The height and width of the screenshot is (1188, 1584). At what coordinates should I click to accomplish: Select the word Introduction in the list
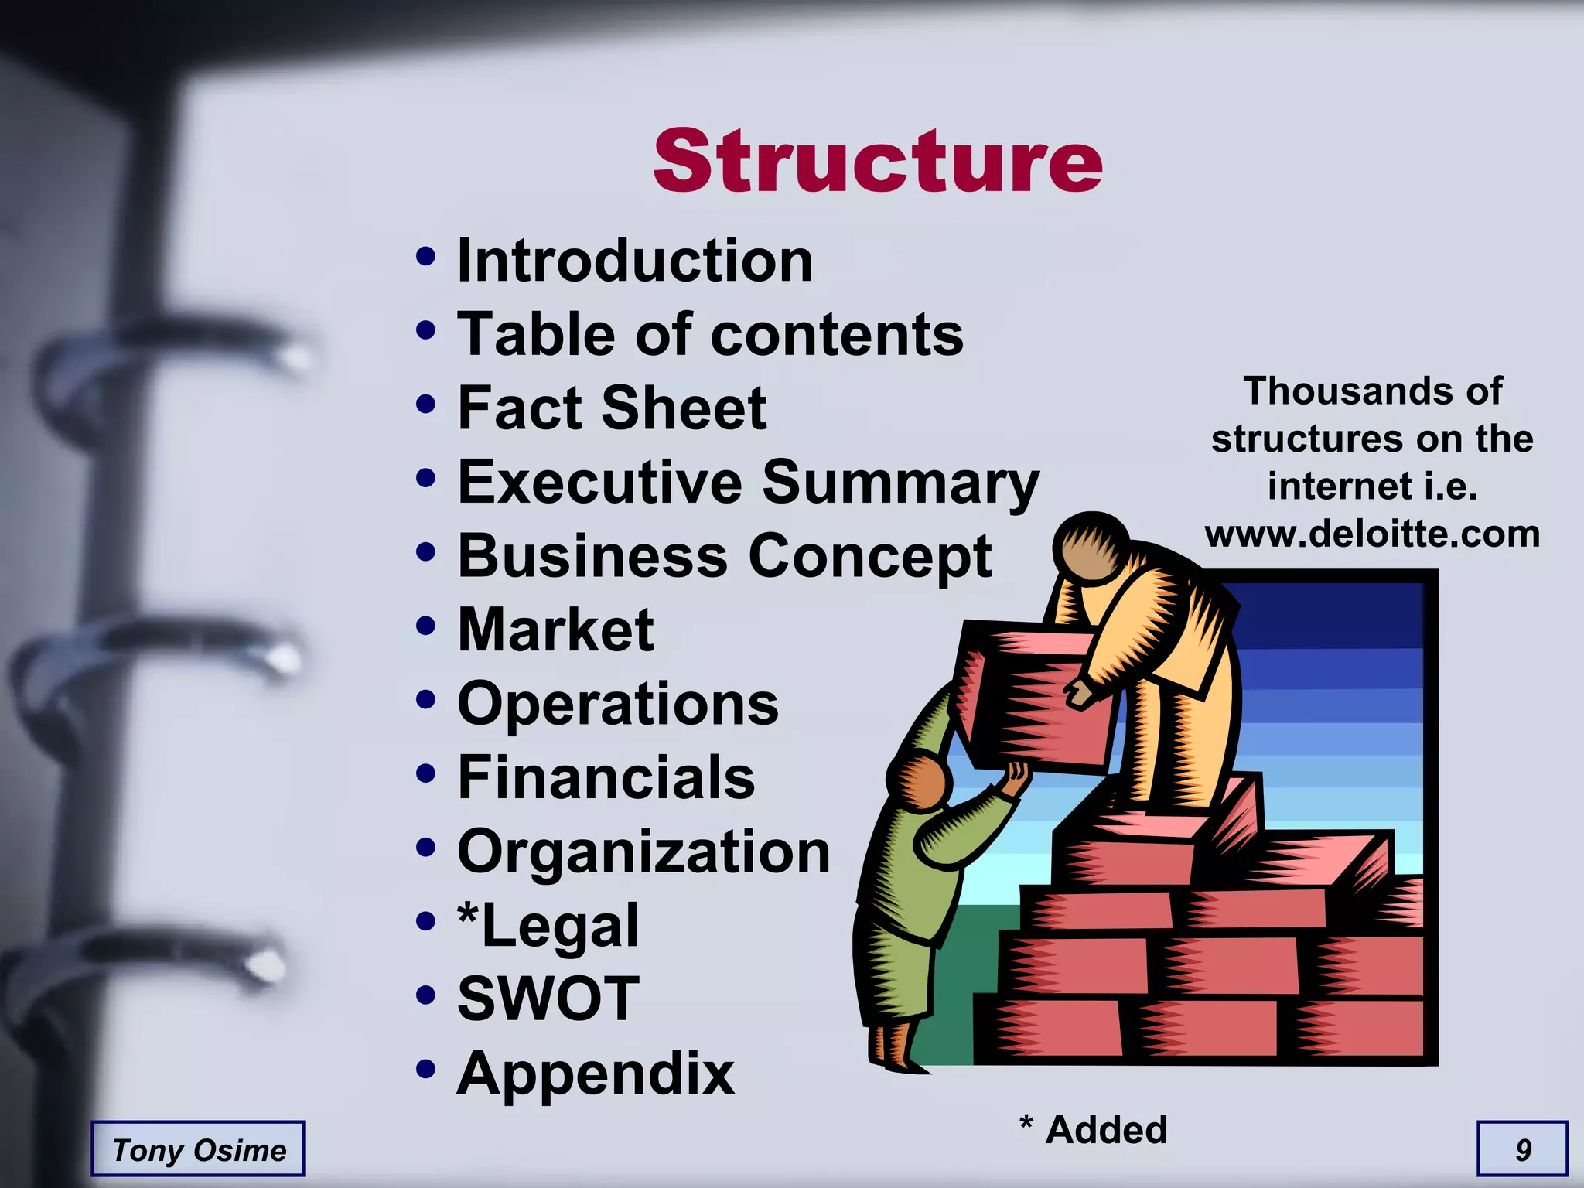tap(635, 261)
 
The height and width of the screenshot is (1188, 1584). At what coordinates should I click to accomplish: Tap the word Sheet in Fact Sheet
tap(684, 408)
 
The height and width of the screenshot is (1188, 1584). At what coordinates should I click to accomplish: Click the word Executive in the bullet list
tap(600, 482)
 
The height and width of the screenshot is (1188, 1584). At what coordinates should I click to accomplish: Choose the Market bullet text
tap(555, 630)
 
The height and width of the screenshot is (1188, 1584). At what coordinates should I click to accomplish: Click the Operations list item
tap(618, 704)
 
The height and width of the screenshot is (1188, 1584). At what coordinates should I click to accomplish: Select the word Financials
tap(606, 777)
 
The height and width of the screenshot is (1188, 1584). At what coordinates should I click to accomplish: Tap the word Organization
tap(643, 852)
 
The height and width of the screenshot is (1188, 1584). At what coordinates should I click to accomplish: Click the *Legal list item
tap(548, 925)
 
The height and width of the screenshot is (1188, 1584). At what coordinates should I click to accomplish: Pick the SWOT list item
tap(548, 999)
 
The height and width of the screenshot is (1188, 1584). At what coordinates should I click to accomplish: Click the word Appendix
tap(596, 1074)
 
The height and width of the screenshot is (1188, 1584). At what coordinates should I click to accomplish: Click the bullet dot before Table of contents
tap(425, 331)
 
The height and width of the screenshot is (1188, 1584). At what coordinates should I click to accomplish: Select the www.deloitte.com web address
tap(1372, 534)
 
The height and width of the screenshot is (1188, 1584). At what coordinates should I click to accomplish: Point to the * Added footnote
tap(1093, 1129)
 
